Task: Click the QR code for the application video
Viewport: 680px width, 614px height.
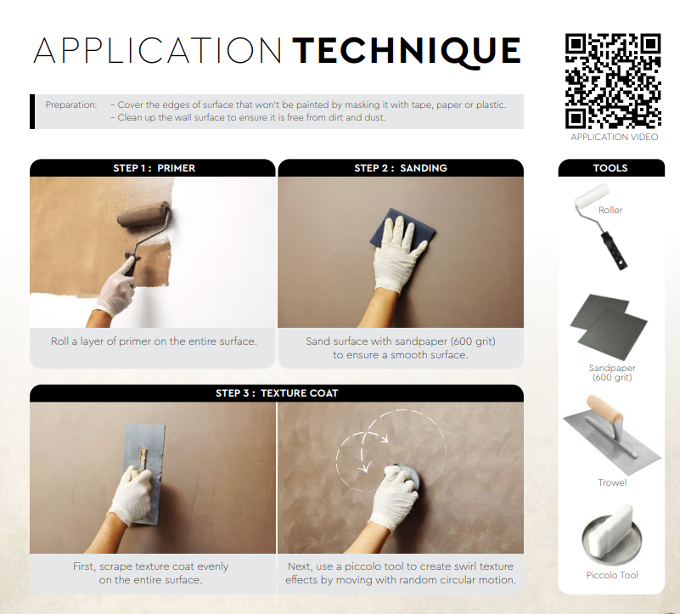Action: pyautogui.click(x=613, y=82)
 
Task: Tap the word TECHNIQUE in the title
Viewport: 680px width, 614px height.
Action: pyautogui.click(x=407, y=52)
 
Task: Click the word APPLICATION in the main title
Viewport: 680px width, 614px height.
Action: pyautogui.click(x=157, y=50)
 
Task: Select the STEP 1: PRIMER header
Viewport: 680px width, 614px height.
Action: pyautogui.click(x=153, y=168)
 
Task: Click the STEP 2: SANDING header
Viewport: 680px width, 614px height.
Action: pyautogui.click(x=401, y=168)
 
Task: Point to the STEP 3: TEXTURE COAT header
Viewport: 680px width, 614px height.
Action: pyautogui.click(x=277, y=393)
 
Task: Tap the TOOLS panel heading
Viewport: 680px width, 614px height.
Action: pyautogui.click(x=611, y=168)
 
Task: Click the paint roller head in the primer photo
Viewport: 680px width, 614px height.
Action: pyautogui.click(x=144, y=214)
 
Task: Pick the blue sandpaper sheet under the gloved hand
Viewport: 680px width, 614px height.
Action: pyautogui.click(x=402, y=229)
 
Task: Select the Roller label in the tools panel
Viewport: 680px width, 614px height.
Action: pyautogui.click(x=610, y=210)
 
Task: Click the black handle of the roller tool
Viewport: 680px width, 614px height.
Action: pyautogui.click(x=614, y=251)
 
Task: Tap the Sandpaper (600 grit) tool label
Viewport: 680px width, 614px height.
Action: pyautogui.click(x=612, y=372)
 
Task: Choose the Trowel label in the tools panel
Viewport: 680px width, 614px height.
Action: pyautogui.click(x=612, y=482)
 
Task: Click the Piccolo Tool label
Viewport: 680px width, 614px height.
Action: pyautogui.click(x=612, y=575)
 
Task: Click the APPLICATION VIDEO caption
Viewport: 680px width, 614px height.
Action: pyautogui.click(x=614, y=137)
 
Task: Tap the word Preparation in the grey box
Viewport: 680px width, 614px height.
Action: pyautogui.click(x=71, y=104)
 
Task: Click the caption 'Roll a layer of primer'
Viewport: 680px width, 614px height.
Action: pyautogui.click(x=154, y=341)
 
